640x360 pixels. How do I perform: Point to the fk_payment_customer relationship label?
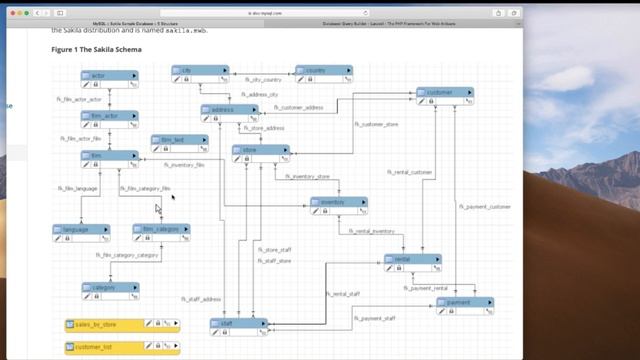485,207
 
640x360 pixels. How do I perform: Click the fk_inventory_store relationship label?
308,176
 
